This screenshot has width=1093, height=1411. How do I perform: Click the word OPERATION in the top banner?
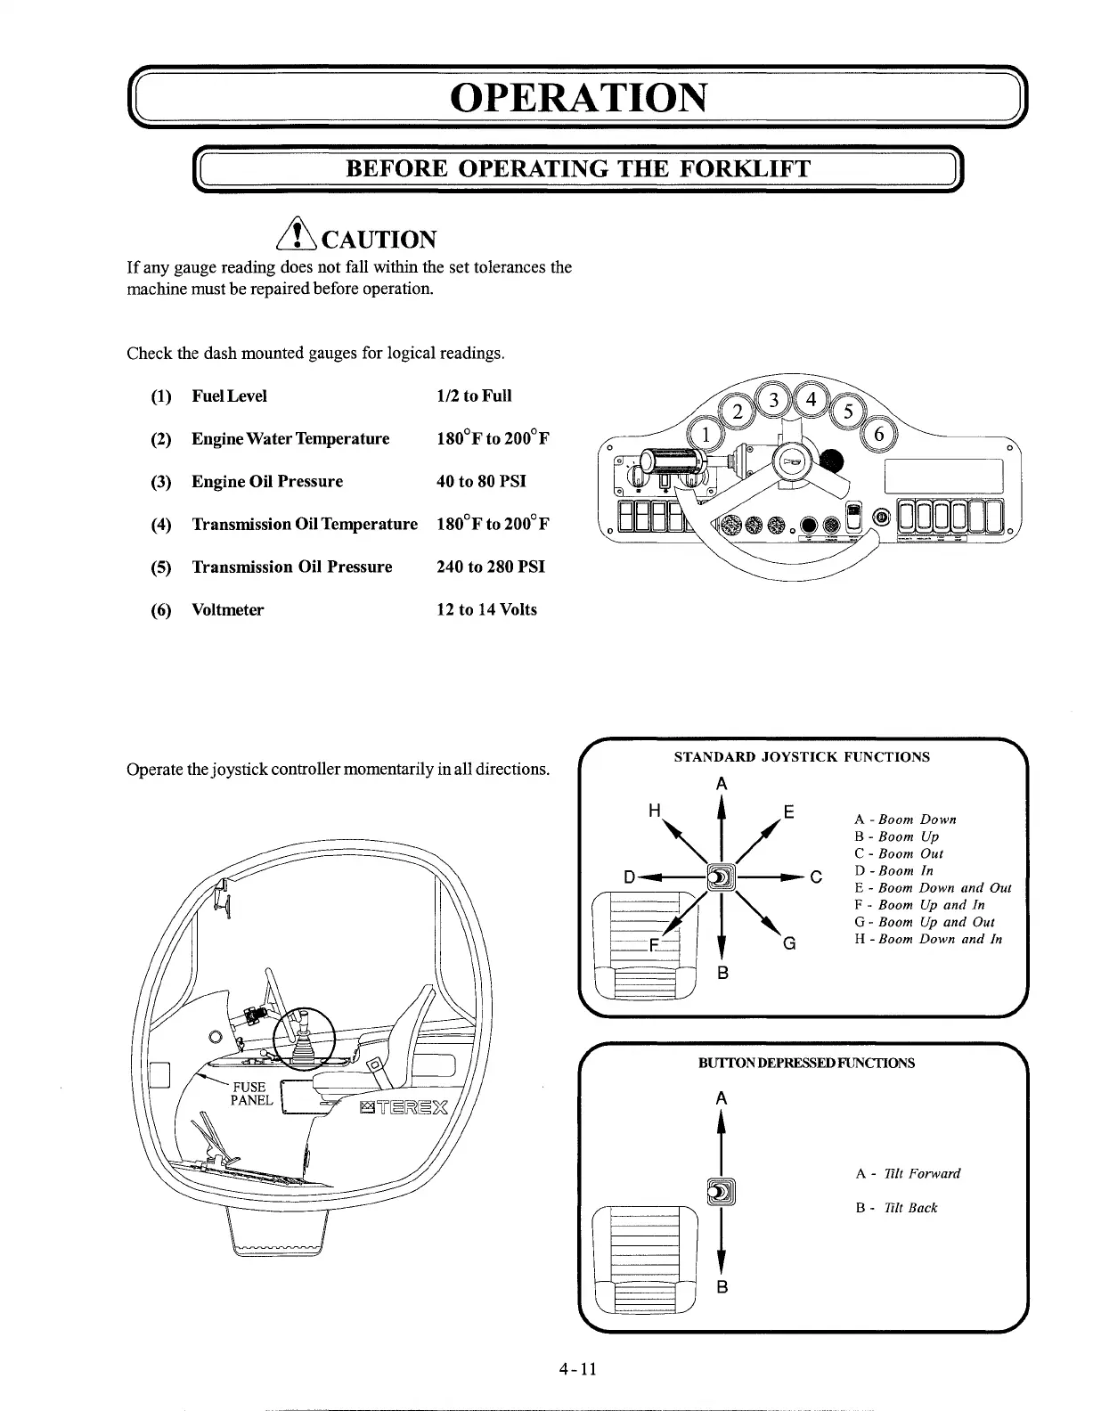[579, 98]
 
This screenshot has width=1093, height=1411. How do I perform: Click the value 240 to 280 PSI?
[490, 567]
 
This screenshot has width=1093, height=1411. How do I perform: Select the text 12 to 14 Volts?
[486, 609]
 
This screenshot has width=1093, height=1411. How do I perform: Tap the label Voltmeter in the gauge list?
[227, 609]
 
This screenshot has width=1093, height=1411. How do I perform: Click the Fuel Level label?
[229, 396]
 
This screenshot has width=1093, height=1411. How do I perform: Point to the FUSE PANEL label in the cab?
[251, 1093]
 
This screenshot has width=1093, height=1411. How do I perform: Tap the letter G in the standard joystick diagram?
[788, 942]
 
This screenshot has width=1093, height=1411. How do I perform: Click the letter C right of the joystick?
[815, 877]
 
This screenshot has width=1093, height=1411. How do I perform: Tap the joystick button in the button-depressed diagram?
[720, 1190]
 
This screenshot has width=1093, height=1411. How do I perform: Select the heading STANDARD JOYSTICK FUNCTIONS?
[801, 756]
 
